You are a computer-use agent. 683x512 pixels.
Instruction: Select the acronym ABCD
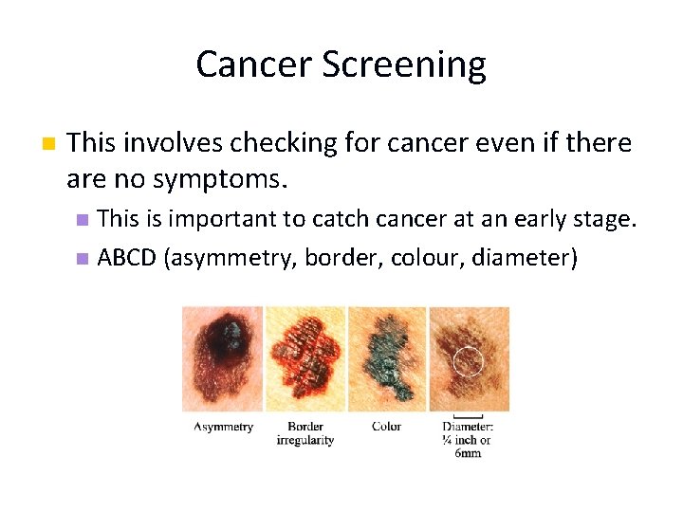coord(127,258)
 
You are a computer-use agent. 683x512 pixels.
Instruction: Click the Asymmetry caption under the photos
coord(224,427)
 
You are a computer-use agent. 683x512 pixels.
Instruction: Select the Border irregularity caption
coord(305,433)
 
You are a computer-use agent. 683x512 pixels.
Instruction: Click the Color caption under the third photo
coord(386,427)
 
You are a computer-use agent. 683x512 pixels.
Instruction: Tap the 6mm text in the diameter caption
coord(468,453)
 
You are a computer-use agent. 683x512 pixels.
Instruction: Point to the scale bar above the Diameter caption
coord(469,415)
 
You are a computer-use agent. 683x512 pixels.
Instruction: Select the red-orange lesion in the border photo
coord(305,357)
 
